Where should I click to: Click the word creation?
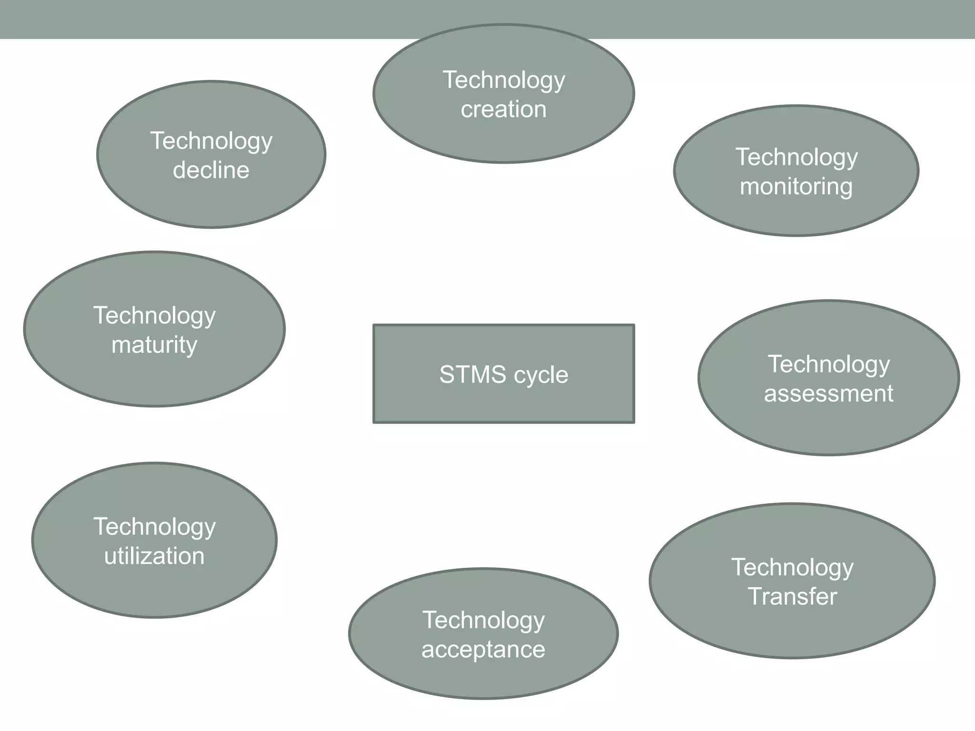(504, 109)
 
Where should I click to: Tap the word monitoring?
(796, 186)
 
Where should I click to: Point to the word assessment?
(828, 394)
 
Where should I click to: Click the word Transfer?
(792, 596)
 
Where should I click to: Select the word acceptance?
(483, 650)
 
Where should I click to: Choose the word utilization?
(154, 556)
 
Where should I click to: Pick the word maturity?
(154, 345)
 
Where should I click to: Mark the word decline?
(211, 170)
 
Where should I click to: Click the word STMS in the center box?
(473, 375)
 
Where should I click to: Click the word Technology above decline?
(211, 141)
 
